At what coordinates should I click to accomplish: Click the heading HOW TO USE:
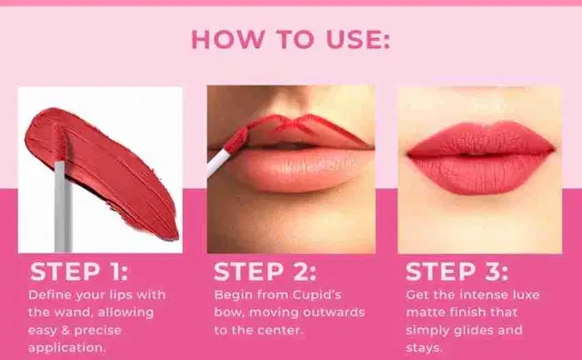291,39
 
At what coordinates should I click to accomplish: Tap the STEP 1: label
79,272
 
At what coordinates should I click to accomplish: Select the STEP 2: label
265,272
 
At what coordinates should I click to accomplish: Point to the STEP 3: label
457,272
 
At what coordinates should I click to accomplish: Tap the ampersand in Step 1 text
65,330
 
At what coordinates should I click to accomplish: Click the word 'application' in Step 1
66,348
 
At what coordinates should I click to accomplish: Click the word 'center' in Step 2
283,330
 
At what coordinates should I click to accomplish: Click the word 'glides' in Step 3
472,330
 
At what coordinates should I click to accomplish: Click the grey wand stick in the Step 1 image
63,206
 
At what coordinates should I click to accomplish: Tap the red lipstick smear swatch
102,171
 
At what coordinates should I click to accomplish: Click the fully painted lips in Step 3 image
481,157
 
